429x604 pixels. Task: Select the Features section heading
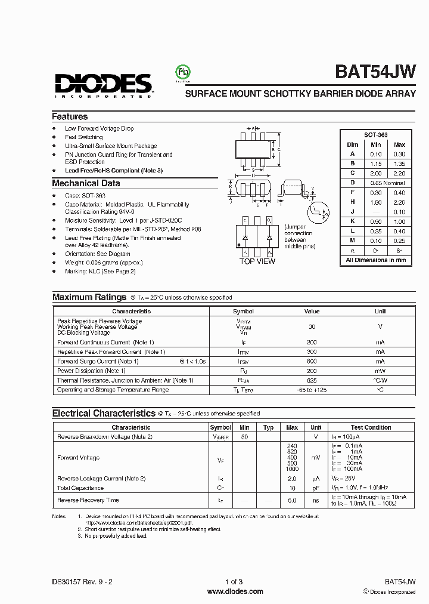[x=70, y=117]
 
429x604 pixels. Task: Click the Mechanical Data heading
[x=86, y=184]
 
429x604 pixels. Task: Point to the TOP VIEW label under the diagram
[x=257, y=261]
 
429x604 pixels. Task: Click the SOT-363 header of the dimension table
[x=376, y=135]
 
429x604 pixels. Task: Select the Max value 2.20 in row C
[x=399, y=173]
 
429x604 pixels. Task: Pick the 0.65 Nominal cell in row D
[x=387, y=183]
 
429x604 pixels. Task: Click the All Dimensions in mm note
[x=376, y=260]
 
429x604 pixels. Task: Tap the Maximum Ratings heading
[x=89, y=297]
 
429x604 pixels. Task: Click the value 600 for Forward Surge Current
[x=312, y=361]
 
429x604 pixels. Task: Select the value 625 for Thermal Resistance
[x=312, y=380]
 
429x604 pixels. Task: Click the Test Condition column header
[x=371, y=427]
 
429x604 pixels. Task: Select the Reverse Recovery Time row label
[x=88, y=500]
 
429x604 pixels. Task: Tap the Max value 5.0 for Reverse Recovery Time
[x=292, y=500]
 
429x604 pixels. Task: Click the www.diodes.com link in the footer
[x=235, y=591]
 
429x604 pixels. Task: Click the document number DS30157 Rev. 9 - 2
[x=82, y=581]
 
